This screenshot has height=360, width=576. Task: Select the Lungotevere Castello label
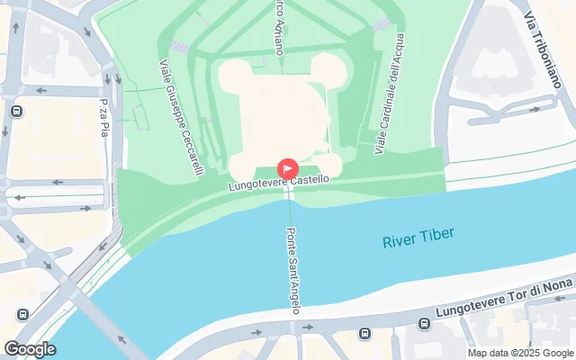[277, 183]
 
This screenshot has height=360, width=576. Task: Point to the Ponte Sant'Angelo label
[292, 270]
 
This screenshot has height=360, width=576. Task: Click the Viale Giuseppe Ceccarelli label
[180, 116]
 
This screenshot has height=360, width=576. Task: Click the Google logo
[30, 349]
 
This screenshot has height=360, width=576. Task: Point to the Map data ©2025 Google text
[520, 353]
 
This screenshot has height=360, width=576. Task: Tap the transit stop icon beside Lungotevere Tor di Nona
[364, 334]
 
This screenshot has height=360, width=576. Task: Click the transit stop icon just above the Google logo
[23, 316]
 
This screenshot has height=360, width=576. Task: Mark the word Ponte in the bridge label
[290, 241]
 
